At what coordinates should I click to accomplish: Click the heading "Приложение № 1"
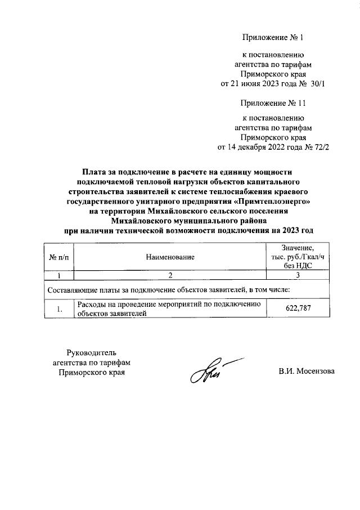point(272,38)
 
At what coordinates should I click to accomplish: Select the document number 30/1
point(318,84)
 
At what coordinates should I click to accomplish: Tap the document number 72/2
point(318,148)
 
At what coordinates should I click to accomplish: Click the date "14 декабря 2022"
point(254,148)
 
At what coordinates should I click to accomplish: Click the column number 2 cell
point(170,276)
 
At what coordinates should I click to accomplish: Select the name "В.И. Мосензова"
point(307,372)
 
